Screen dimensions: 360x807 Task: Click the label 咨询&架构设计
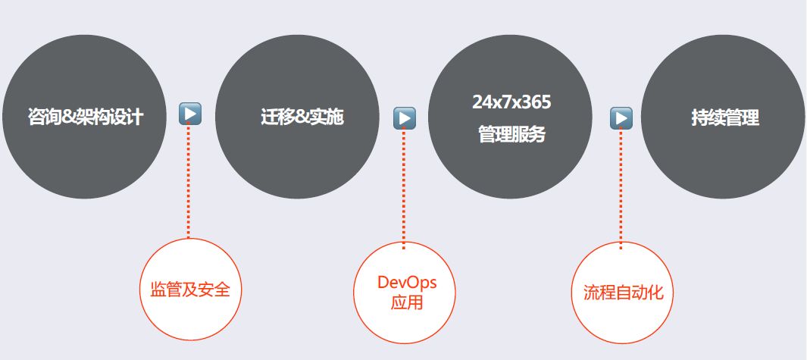coord(85,117)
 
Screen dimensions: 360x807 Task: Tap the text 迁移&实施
coord(297,117)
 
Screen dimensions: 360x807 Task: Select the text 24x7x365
coord(511,102)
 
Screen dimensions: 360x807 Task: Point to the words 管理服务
coord(511,135)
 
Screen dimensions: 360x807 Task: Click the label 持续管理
coord(724,117)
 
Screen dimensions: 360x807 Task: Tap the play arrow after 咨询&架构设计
coord(190,114)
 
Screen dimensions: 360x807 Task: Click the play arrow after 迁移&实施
coord(405,117)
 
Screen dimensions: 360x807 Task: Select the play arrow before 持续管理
coord(621,117)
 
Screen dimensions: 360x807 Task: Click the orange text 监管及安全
coord(190,290)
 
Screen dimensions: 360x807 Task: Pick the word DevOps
coord(407,283)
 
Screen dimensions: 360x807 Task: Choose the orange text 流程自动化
coord(623,293)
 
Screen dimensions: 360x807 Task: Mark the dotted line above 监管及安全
coord(189,182)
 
